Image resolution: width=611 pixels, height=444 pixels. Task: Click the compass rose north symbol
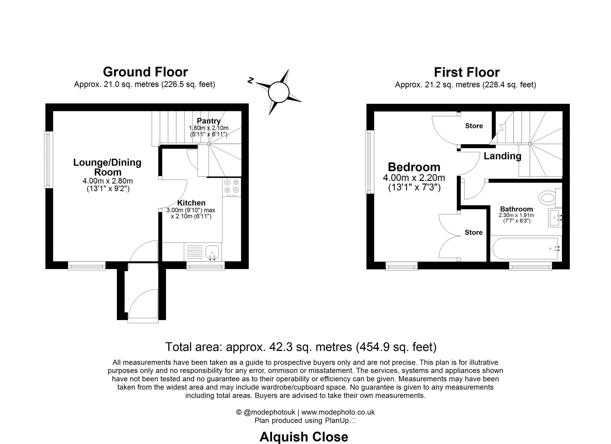(251, 80)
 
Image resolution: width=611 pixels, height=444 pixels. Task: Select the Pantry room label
(209, 121)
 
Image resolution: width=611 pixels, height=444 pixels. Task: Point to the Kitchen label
(191, 203)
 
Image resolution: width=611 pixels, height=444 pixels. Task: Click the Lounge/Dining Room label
(107, 167)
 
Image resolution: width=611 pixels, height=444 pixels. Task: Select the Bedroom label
(414, 167)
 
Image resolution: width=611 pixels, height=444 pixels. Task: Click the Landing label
(502, 156)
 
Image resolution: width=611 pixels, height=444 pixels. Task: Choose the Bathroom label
(516, 209)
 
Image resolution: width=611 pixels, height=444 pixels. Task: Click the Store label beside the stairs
(474, 126)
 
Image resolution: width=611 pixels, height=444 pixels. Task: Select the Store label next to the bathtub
(474, 232)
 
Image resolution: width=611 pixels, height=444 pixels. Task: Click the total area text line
(301, 347)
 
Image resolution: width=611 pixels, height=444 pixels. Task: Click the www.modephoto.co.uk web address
(338, 412)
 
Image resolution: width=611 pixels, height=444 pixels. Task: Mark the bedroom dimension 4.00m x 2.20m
(414, 178)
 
